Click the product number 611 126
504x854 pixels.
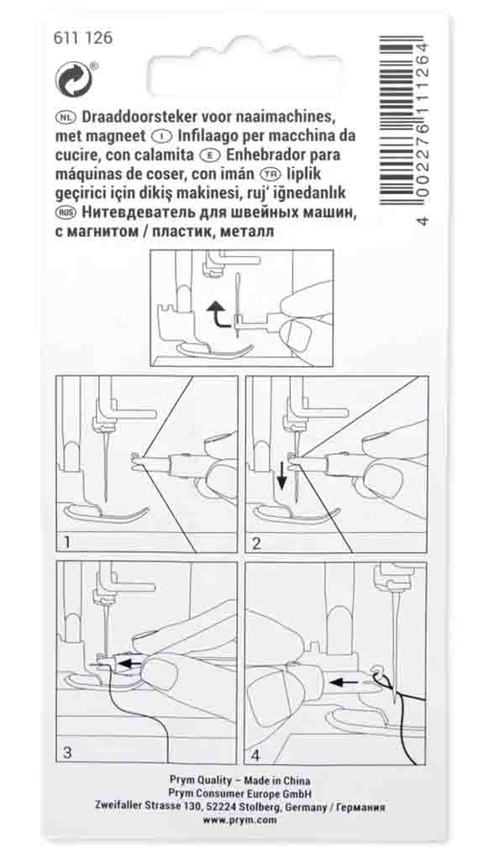pos(82,38)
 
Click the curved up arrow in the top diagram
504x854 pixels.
pos(219,315)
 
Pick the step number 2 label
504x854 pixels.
pos(257,541)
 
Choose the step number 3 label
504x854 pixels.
pos(68,752)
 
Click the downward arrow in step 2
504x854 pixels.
pos(281,483)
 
